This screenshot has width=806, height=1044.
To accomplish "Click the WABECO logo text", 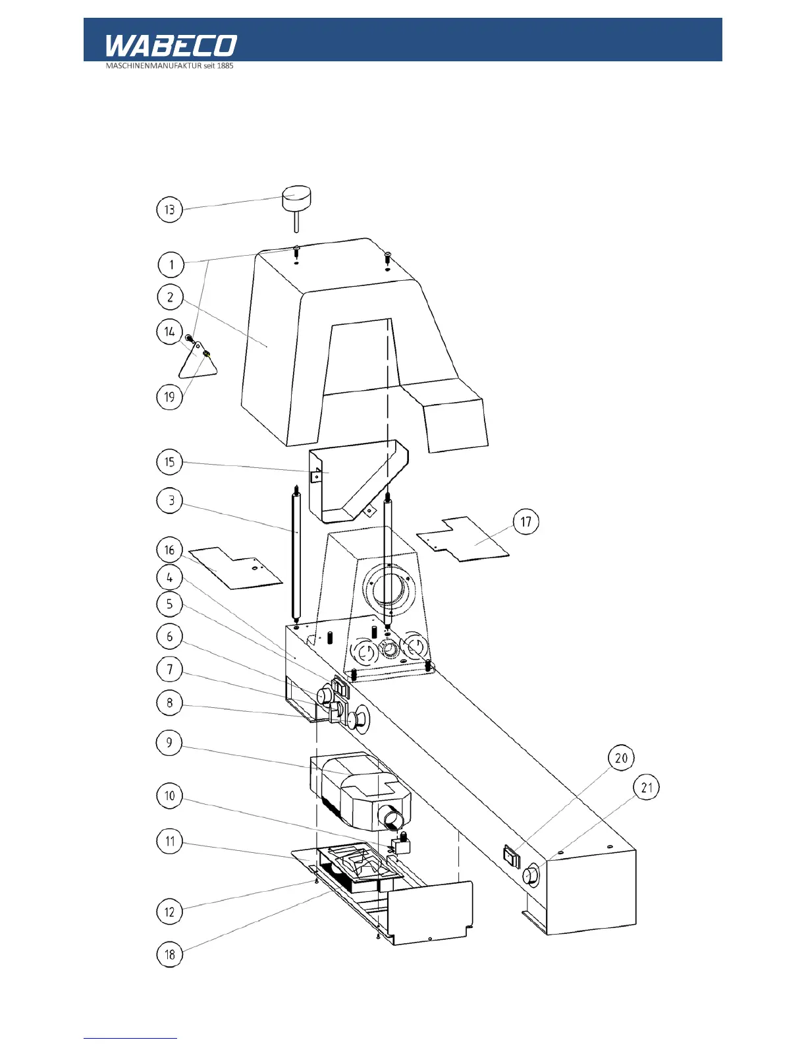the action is (171, 45).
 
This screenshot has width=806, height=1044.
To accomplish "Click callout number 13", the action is (169, 210).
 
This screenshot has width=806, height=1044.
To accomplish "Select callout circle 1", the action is (171, 264).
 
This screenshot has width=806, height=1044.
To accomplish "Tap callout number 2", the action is (170, 297).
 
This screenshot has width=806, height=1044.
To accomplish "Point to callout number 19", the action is (169, 397).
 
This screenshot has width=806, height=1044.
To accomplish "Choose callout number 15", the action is (169, 461).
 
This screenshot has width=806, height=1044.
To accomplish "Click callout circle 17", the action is (525, 522).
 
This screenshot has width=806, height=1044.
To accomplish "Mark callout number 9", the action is (169, 743).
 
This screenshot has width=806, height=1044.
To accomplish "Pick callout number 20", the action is (621, 758).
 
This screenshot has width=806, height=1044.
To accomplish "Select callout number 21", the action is (647, 788).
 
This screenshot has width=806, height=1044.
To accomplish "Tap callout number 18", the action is (169, 954).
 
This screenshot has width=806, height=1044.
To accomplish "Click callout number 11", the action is (170, 841).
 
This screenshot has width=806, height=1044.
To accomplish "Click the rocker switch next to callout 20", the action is (512, 856).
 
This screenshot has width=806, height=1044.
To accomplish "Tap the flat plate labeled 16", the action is (237, 569).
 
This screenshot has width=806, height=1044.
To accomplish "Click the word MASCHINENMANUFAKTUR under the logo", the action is (153, 66).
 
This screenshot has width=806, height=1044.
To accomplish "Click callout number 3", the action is (171, 500).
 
